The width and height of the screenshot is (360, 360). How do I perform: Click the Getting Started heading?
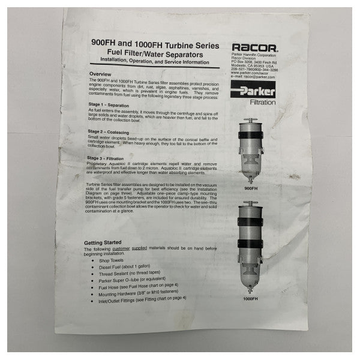[x=106, y=242]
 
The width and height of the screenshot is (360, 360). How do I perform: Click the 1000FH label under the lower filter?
[x=251, y=298]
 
